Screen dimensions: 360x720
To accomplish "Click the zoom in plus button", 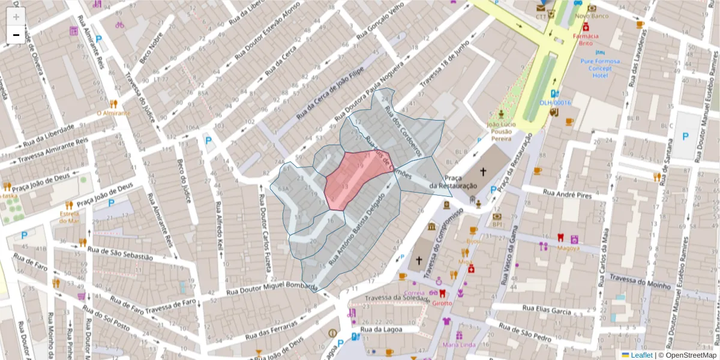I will coord(16,17).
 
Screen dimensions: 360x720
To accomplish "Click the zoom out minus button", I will coord(16,35).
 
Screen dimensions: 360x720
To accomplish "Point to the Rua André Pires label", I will coord(567,194).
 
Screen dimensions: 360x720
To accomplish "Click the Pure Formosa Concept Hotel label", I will coord(600,68).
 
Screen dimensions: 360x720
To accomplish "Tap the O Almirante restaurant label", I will coord(113,113).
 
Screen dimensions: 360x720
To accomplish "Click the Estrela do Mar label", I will coord(70,217).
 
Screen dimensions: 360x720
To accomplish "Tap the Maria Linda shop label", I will coord(459,344).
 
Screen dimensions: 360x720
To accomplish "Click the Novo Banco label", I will coord(592,16).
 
